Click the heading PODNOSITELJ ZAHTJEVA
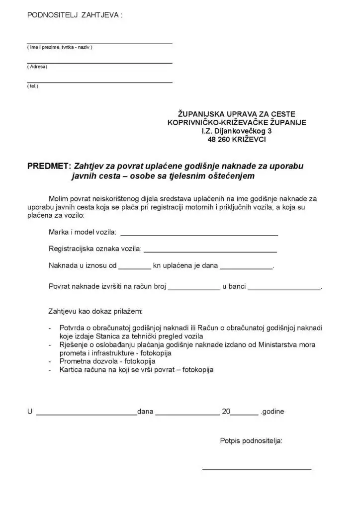tap(75, 15)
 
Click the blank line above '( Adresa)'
tap(99, 63)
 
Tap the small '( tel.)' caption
tap(32, 86)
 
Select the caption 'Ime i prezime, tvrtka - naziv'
tap(60, 47)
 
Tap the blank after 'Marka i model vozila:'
tap(199, 234)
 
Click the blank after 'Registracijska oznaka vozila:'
tap(210, 250)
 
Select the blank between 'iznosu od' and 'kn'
tap(135, 267)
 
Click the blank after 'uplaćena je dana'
tap(246, 267)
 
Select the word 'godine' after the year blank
tap(273, 412)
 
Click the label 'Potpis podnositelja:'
tap(251, 440)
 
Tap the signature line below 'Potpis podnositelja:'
tap(257, 468)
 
